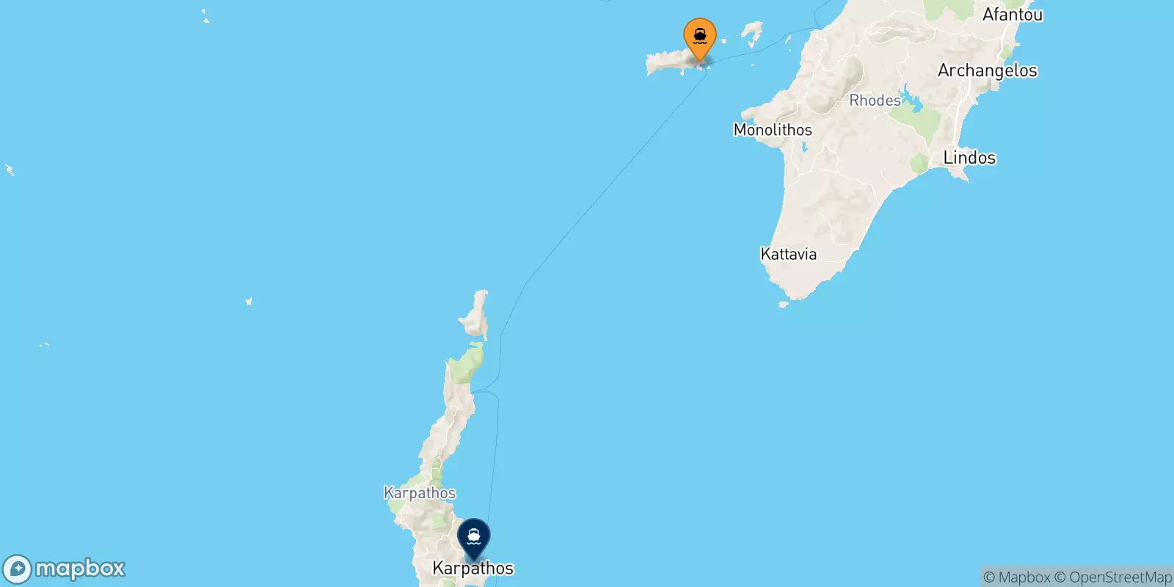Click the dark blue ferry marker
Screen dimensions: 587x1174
(x=474, y=537)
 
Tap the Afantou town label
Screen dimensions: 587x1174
(x=1012, y=15)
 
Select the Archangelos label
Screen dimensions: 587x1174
(x=987, y=70)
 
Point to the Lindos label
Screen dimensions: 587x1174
(x=969, y=158)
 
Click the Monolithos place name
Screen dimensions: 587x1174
(x=773, y=130)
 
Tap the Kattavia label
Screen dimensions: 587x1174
(x=788, y=255)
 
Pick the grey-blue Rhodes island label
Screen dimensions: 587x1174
(x=875, y=101)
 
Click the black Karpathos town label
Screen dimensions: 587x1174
(x=473, y=568)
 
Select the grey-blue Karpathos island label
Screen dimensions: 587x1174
(x=420, y=493)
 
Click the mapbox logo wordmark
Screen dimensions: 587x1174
(x=80, y=569)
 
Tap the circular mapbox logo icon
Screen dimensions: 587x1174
(x=17, y=569)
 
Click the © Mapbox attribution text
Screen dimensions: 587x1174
(x=1016, y=577)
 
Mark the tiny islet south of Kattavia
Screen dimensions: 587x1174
(x=783, y=305)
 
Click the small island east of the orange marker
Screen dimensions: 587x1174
(x=751, y=32)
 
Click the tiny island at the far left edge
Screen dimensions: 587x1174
(x=10, y=170)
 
